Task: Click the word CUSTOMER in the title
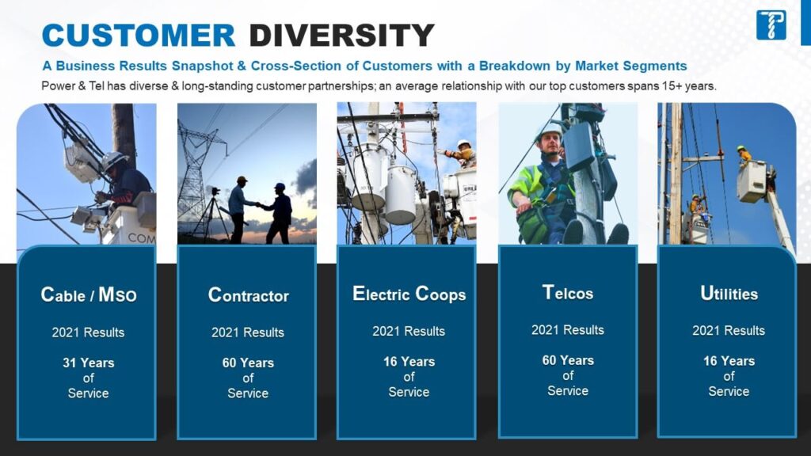tap(138, 36)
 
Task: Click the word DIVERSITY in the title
tap(341, 36)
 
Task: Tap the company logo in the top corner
tap(771, 25)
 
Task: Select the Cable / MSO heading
tap(88, 295)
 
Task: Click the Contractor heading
tap(248, 295)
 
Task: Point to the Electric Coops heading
tap(409, 294)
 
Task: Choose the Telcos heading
tap(568, 293)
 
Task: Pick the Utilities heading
tap(729, 294)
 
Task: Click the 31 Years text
tap(88, 363)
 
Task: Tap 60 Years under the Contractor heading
tap(248, 363)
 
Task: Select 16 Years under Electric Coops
tap(409, 362)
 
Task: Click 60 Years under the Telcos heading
tap(568, 360)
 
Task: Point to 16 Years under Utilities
tap(729, 361)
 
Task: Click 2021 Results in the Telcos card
tap(568, 330)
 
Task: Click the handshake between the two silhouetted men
tap(257, 205)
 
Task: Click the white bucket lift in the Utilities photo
tap(751, 182)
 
